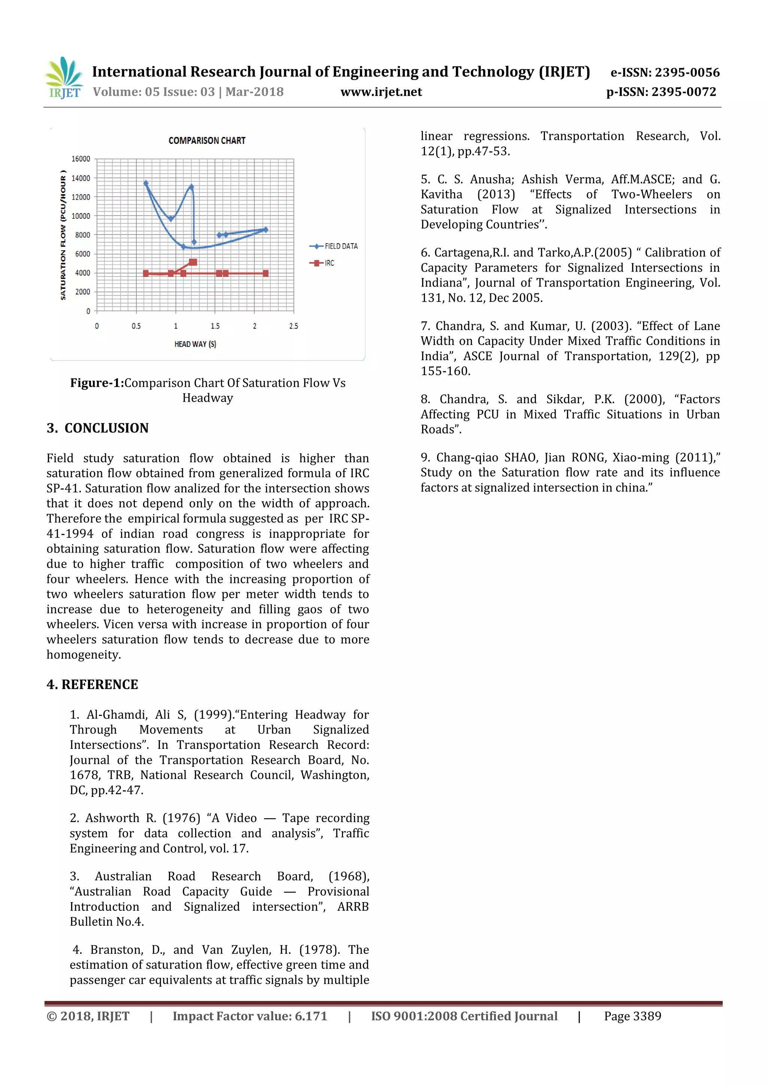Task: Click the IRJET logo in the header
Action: (64, 78)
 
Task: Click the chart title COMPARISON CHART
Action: (207, 140)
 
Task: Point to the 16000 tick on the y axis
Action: (81, 159)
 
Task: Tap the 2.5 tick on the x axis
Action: (293, 326)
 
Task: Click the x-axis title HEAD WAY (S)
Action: (195, 344)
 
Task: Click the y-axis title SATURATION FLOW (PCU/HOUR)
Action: (63, 235)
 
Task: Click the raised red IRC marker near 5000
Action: (193, 262)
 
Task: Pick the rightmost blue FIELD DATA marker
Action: (266, 230)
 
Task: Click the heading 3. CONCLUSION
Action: (97, 428)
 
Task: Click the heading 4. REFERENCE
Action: (93, 685)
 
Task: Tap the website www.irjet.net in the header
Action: (381, 92)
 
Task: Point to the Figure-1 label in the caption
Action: (97, 383)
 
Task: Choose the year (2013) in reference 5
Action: (496, 194)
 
